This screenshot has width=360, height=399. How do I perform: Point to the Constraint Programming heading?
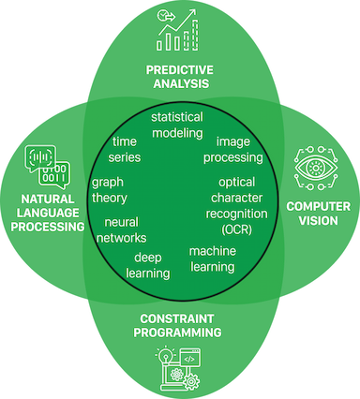[181, 324]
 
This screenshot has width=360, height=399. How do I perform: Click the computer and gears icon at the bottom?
[180, 367]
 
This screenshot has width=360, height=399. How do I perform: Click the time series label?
[125, 150]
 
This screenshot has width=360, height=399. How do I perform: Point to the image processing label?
[232, 150]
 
